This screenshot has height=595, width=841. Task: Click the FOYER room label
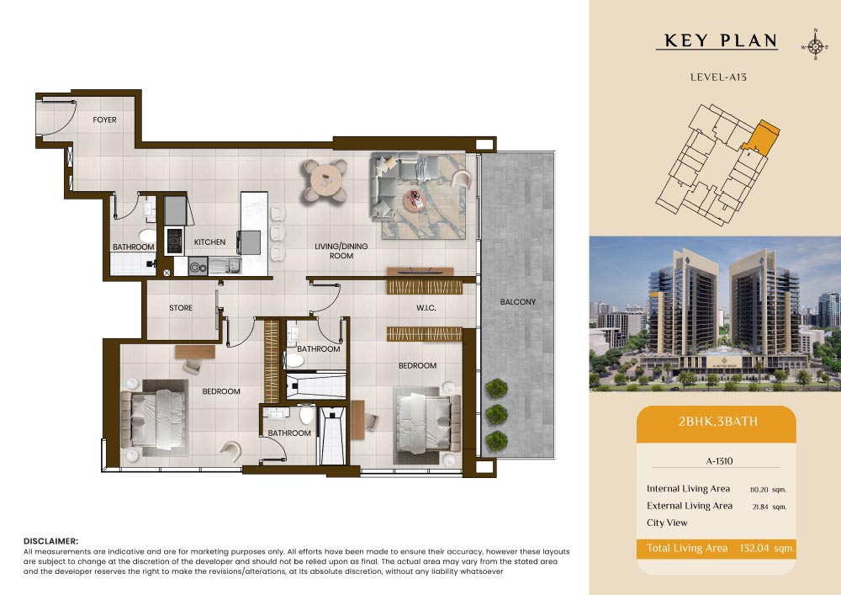pyautogui.click(x=104, y=120)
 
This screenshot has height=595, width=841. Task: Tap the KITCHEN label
pyautogui.click(x=209, y=242)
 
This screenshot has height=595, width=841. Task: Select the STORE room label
pyautogui.click(x=181, y=308)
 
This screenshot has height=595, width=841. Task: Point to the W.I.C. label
pyautogui.click(x=426, y=308)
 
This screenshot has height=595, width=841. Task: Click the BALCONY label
pyautogui.click(x=517, y=302)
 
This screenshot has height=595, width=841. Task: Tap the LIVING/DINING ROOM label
pyautogui.click(x=341, y=251)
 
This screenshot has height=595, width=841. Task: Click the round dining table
pyautogui.click(x=325, y=179)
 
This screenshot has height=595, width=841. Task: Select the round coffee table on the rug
pyautogui.click(x=414, y=200)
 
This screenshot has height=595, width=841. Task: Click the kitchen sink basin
pyautogui.click(x=225, y=265)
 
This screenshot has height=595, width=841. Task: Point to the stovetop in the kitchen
pyautogui.click(x=174, y=241)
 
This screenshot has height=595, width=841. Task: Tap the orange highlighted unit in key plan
pyautogui.click(x=762, y=138)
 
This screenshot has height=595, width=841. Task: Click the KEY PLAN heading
pyautogui.click(x=721, y=40)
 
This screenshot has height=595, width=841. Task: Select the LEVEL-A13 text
pyautogui.click(x=718, y=77)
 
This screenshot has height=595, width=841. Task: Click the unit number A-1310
pyautogui.click(x=719, y=461)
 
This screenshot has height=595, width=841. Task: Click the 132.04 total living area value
pyautogui.click(x=754, y=549)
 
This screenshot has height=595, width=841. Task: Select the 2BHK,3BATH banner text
pyautogui.click(x=718, y=421)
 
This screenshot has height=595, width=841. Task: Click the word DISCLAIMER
pyautogui.click(x=50, y=541)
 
